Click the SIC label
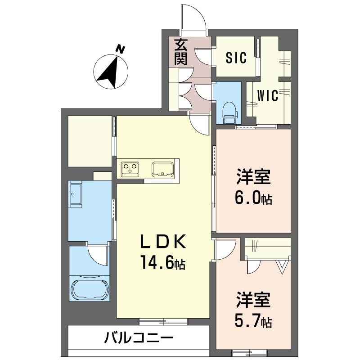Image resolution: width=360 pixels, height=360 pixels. [236, 58]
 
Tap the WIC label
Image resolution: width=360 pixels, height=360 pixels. [268, 95]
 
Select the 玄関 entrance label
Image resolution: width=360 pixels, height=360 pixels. [181, 52]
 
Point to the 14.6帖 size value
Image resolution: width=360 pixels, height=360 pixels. [163, 262]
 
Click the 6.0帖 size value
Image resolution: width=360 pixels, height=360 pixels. [253, 198]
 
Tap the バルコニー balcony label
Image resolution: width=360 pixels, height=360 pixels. [139, 338]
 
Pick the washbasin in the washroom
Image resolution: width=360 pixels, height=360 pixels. [76, 194]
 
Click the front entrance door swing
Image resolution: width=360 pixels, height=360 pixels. [193, 18]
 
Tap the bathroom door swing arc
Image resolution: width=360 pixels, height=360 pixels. [98, 255]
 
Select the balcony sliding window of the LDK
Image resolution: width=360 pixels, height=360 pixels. [163, 322]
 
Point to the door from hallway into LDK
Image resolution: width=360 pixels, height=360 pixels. [199, 124]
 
